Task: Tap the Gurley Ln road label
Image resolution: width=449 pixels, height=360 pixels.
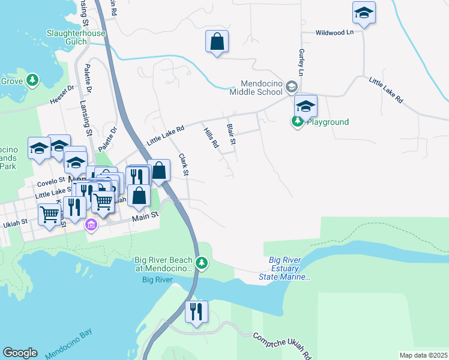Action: click(301, 62)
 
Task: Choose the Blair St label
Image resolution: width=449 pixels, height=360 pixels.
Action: click(231, 134)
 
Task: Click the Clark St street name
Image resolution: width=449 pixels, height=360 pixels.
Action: click(184, 165)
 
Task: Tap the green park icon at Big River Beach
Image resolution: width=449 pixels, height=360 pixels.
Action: click(202, 263)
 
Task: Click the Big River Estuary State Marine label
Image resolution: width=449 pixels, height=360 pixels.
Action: click(289, 268)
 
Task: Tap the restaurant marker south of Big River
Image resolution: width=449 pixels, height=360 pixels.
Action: click(196, 312)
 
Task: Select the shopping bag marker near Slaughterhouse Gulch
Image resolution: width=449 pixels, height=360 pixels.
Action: click(217, 42)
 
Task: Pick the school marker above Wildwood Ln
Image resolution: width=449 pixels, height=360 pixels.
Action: click(364, 13)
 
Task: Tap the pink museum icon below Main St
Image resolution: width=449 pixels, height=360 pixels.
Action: click(91, 225)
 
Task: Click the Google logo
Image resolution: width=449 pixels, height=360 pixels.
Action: click(20, 352)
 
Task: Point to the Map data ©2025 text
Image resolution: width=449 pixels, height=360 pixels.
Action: click(423, 355)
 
